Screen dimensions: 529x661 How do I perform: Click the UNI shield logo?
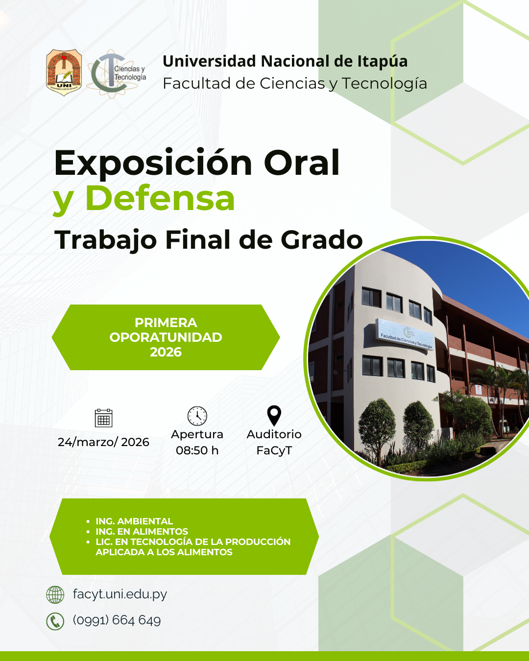coord(64,72)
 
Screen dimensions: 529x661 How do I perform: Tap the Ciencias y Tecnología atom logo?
coord(116,74)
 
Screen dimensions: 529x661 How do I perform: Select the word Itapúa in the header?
coord(382,61)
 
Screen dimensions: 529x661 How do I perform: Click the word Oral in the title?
coord(302,162)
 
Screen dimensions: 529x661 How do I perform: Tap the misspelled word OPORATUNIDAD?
coord(166,337)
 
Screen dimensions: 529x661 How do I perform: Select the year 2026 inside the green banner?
coord(166,352)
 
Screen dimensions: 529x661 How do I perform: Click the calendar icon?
coord(103,418)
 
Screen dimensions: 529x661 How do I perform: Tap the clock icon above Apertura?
coord(197,416)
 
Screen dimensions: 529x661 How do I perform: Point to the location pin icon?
coord(274,415)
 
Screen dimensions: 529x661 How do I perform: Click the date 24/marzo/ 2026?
coord(103,442)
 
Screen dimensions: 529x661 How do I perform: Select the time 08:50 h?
coord(197,450)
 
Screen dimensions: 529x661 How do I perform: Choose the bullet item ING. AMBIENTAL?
coord(134,521)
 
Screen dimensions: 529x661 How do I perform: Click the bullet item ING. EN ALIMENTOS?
coord(142,531)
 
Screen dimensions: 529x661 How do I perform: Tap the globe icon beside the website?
coord(55,594)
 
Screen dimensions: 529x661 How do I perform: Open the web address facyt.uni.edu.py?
coord(120,594)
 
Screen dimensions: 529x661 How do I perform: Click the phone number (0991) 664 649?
coord(117,620)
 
